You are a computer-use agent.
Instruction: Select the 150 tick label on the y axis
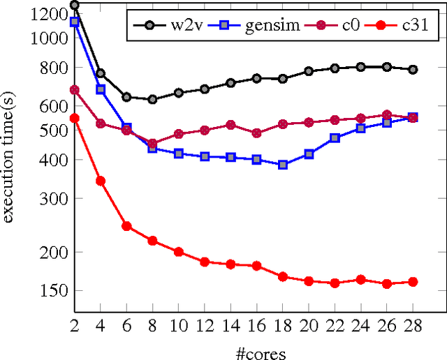pyautogui.click(x=54, y=291)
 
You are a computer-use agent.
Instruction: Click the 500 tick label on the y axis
pyautogui.click(x=54, y=130)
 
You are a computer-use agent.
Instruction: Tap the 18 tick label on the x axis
pyautogui.click(x=283, y=327)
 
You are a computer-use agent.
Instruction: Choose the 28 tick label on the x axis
pyautogui.click(x=413, y=327)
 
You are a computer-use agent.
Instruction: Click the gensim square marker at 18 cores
pyautogui.click(x=283, y=165)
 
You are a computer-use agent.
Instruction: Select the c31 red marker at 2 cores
pyautogui.click(x=75, y=119)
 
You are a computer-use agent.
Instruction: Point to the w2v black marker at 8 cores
pyautogui.click(x=152, y=100)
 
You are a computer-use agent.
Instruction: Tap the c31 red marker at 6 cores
pyautogui.click(x=126, y=226)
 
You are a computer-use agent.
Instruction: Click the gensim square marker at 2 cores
pyautogui.click(x=75, y=22)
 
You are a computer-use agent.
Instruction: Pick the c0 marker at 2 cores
pyautogui.click(x=75, y=90)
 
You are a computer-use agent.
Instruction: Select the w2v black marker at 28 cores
pyautogui.click(x=413, y=70)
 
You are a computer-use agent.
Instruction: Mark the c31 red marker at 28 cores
pyautogui.click(x=413, y=282)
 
